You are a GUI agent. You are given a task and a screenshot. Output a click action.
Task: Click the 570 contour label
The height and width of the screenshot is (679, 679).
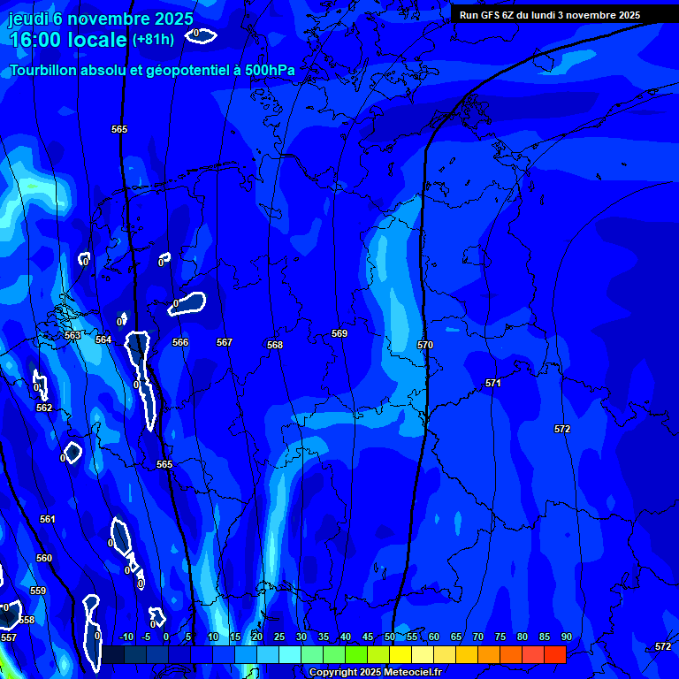point(425,345)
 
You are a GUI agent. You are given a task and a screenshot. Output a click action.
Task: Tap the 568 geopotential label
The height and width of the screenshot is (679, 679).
point(275,345)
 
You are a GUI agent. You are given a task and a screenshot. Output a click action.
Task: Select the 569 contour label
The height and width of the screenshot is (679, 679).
point(339,333)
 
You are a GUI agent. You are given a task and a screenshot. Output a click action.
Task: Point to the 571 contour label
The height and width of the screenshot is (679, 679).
point(493,383)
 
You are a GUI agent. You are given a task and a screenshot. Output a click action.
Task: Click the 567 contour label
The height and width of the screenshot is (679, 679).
point(225,342)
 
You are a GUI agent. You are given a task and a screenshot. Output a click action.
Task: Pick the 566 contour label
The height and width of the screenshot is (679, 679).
point(180,342)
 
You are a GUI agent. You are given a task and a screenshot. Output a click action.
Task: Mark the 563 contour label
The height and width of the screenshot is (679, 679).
point(72,335)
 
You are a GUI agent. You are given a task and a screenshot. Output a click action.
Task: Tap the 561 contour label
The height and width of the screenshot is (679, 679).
point(48,519)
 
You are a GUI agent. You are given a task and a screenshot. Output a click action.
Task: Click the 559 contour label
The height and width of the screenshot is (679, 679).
point(38,591)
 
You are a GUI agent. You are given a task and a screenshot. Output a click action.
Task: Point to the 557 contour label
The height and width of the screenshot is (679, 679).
point(9,637)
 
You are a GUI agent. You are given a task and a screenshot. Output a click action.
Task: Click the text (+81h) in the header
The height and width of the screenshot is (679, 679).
point(153,39)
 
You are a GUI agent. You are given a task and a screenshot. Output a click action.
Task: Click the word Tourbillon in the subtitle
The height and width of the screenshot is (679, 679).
point(41,70)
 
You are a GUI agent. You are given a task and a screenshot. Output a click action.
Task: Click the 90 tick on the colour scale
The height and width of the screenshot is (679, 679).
point(566,637)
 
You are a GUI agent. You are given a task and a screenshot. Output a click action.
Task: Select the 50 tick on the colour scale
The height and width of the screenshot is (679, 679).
point(390,637)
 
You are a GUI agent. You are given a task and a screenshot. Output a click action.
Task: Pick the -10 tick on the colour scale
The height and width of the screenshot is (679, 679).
point(126,637)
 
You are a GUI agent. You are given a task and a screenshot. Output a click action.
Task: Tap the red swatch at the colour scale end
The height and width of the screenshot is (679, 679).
point(555,654)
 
